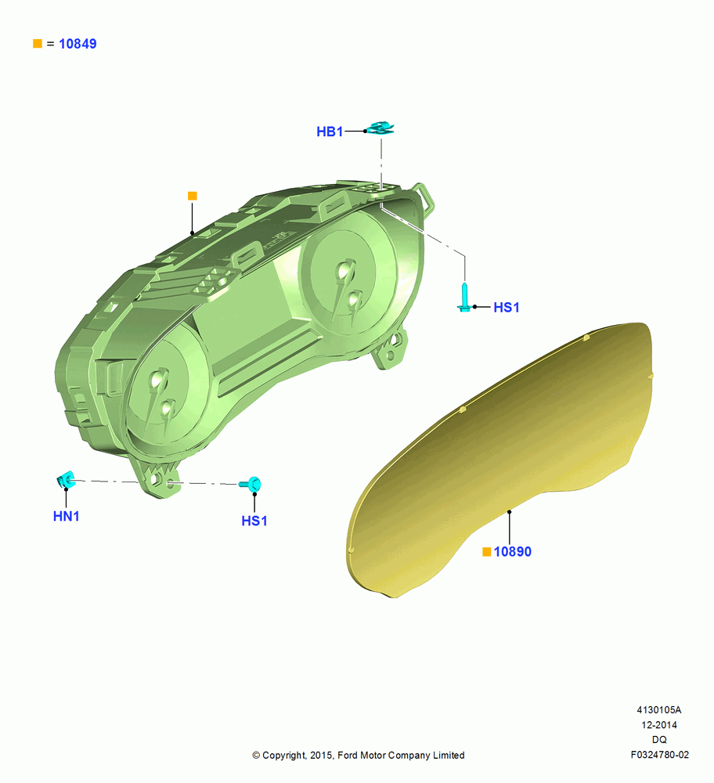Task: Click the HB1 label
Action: tap(330, 132)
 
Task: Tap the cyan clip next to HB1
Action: tap(381, 128)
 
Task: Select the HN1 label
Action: tap(67, 516)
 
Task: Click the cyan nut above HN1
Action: tap(66, 480)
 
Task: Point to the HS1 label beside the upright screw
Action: tap(507, 307)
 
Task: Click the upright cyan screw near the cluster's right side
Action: tap(465, 298)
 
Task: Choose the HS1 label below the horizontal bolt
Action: tap(254, 521)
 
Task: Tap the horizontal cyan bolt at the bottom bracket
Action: tap(251, 483)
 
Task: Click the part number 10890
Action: tap(512, 552)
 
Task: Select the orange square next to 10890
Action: tap(487, 552)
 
